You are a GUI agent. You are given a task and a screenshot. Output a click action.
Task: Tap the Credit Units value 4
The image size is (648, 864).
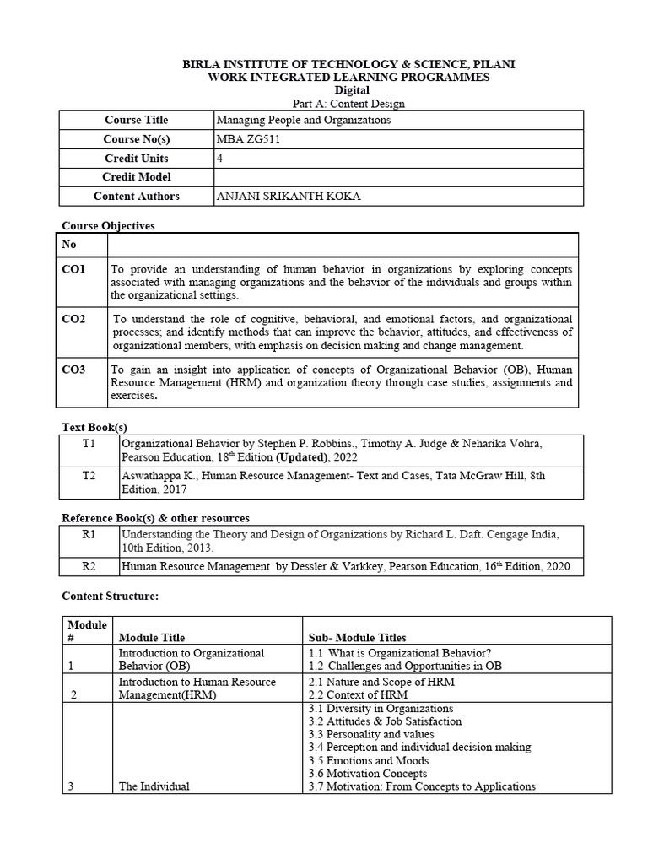click(x=220, y=159)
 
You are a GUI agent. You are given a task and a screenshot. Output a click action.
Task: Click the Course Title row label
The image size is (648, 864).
click(x=136, y=120)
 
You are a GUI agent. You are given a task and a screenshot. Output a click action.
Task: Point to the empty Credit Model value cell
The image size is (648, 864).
click(x=399, y=177)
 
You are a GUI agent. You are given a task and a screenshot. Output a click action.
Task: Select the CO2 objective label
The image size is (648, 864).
click(x=73, y=320)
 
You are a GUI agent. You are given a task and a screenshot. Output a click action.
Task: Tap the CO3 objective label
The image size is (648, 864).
click(x=73, y=370)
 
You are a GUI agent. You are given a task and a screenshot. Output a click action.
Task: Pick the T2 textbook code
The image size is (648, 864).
click(x=89, y=476)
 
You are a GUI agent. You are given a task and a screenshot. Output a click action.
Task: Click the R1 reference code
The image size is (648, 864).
click(x=89, y=534)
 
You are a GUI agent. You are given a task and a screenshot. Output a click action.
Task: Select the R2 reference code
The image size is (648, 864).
click(x=89, y=567)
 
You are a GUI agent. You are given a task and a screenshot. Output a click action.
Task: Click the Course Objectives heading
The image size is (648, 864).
click(x=109, y=226)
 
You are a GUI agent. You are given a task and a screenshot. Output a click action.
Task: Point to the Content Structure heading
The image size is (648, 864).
click(x=111, y=597)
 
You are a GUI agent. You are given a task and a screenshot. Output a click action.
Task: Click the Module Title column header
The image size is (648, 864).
click(x=152, y=638)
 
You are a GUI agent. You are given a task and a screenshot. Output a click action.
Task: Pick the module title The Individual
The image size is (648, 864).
click(x=154, y=786)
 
